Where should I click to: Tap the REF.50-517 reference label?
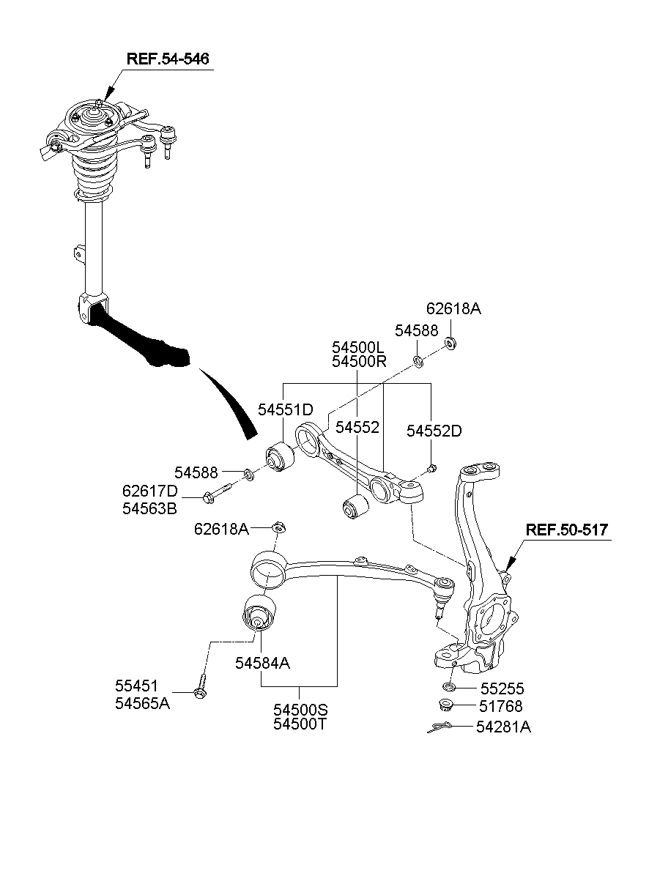pyautogui.click(x=566, y=530)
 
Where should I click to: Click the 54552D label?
pyautogui.click(x=434, y=431)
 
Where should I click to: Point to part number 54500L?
pyautogui.click(x=357, y=347)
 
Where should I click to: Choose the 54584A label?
pyautogui.click(x=263, y=663)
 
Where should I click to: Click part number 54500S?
pyautogui.click(x=301, y=710)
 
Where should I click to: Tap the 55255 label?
pyautogui.click(x=502, y=689)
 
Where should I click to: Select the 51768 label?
pyautogui.click(x=502, y=707)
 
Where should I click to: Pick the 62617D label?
pyautogui.click(x=150, y=490)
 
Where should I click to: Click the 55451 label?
pyautogui.click(x=136, y=686)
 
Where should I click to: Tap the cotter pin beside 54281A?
pyautogui.click(x=439, y=727)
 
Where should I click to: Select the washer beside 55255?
pyautogui.click(x=450, y=688)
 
